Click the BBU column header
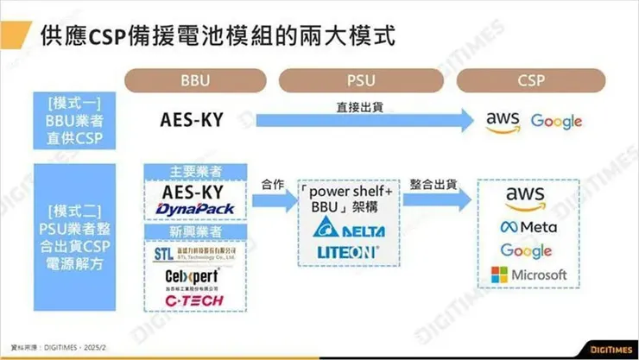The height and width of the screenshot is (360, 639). click(x=196, y=80)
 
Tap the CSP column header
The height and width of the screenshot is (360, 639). click(x=530, y=80)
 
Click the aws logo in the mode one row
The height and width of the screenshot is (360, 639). click(x=502, y=121)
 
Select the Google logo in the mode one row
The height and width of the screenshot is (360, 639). click(x=556, y=121)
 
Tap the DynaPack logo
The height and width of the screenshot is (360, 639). click(x=197, y=210)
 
